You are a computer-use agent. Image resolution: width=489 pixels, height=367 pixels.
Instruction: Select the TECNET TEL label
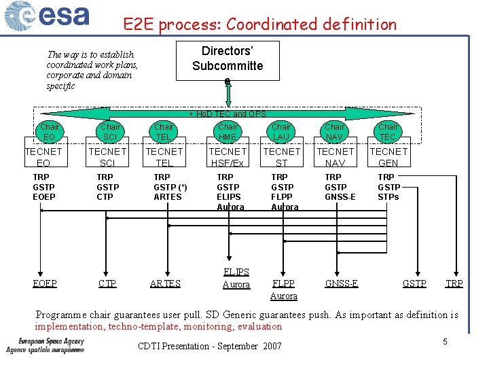point(164,157)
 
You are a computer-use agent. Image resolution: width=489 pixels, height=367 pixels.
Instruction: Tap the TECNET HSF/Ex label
point(228,157)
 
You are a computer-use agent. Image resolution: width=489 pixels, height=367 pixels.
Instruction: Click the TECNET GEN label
point(388,157)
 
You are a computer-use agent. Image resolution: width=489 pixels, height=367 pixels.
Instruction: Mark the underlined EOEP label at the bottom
point(45,283)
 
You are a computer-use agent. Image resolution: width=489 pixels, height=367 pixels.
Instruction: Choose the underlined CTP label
point(107,283)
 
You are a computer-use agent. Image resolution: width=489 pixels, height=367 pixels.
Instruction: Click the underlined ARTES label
point(165,283)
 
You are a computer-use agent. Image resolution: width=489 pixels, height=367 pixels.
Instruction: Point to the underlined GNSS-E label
point(342,283)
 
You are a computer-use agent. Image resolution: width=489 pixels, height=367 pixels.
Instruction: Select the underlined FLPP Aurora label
point(283,290)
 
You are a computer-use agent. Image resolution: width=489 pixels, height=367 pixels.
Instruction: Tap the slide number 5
point(445,341)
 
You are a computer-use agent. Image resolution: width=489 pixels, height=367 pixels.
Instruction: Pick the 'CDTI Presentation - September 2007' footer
point(209,347)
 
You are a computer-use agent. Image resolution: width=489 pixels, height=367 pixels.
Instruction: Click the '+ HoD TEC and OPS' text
point(228,114)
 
